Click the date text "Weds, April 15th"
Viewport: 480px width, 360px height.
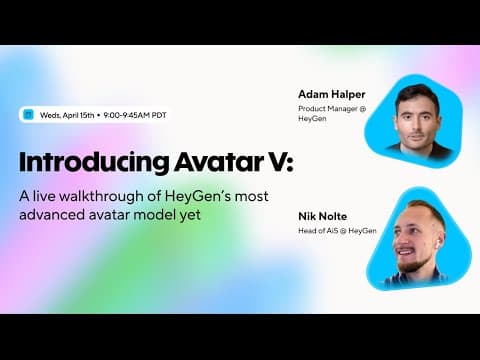(69, 114)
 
